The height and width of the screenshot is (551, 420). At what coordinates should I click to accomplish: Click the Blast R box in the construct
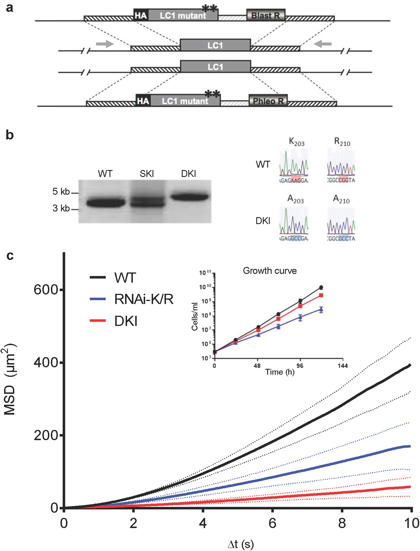[x=266, y=15]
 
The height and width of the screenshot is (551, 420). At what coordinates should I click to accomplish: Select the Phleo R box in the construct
[x=268, y=101]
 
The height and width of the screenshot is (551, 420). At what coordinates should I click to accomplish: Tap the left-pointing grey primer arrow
[x=323, y=44]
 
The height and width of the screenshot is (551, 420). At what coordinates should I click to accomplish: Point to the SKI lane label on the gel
[x=146, y=174]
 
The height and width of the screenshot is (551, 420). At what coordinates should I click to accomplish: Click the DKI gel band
[x=190, y=197]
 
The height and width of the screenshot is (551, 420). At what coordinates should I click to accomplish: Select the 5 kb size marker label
[x=61, y=191]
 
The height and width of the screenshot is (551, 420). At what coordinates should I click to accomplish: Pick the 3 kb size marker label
[x=61, y=208]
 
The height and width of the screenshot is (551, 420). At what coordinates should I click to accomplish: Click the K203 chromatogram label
[x=297, y=142]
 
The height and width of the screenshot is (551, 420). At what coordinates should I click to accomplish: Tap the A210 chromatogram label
[x=341, y=199]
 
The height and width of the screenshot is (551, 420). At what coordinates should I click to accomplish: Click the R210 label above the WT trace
[x=342, y=142]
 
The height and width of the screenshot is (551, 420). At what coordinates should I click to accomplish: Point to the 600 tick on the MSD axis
[x=46, y=290]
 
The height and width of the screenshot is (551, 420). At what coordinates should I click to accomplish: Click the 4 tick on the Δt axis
[x=203, y=523]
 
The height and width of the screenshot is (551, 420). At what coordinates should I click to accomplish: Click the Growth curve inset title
[x=270, y=271]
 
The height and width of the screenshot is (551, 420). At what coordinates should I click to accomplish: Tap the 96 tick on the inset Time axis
[x=300, y=366]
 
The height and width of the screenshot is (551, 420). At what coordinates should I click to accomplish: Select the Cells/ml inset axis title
[x=195, y=316]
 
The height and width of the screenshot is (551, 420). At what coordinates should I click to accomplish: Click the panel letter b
[x=10, y=135]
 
